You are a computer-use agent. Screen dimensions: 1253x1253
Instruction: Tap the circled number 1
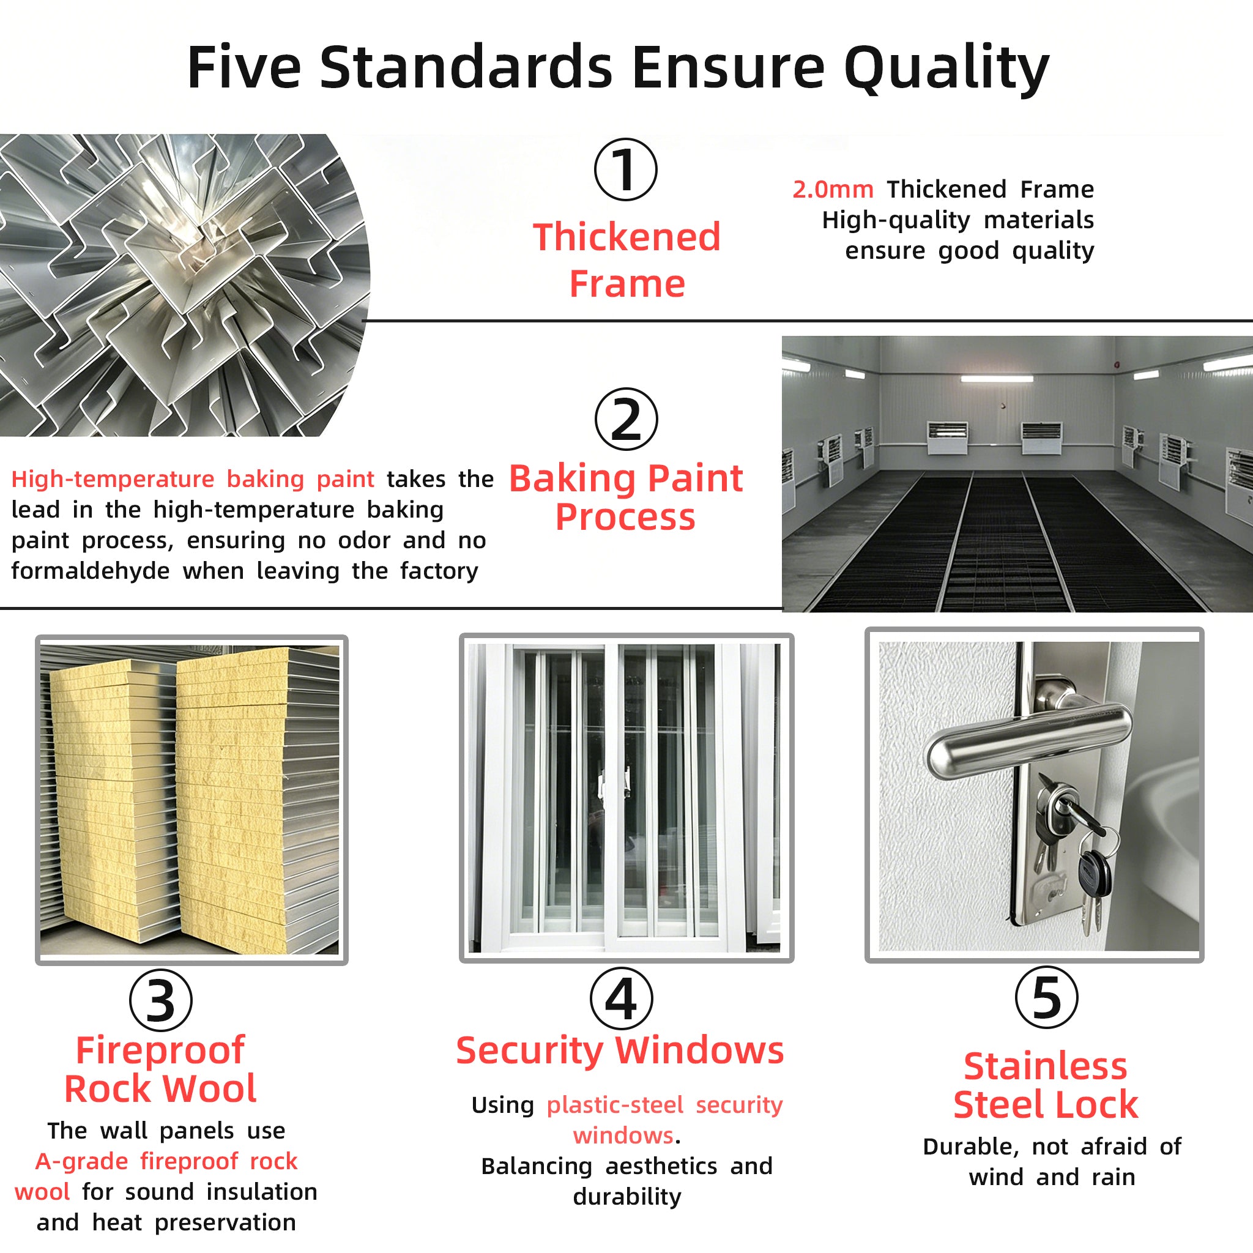pos(626,169)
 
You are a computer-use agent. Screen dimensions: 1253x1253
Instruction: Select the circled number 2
pos(626,419)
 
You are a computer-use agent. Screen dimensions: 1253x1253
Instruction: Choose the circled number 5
pos(1047,997)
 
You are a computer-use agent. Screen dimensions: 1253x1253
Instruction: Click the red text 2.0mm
pos(833,190)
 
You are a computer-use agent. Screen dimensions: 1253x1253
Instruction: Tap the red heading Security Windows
pos(620,1051)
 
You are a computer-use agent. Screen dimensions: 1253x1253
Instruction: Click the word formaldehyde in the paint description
pos(90,571)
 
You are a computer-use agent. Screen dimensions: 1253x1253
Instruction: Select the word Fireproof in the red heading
pos(160,1051)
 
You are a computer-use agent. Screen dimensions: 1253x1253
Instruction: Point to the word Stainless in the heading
pos(1046,1067)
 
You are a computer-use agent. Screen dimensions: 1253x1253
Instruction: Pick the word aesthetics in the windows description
pos(661,1166)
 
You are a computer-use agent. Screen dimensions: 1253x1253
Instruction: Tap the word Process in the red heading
pos(625,518)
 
